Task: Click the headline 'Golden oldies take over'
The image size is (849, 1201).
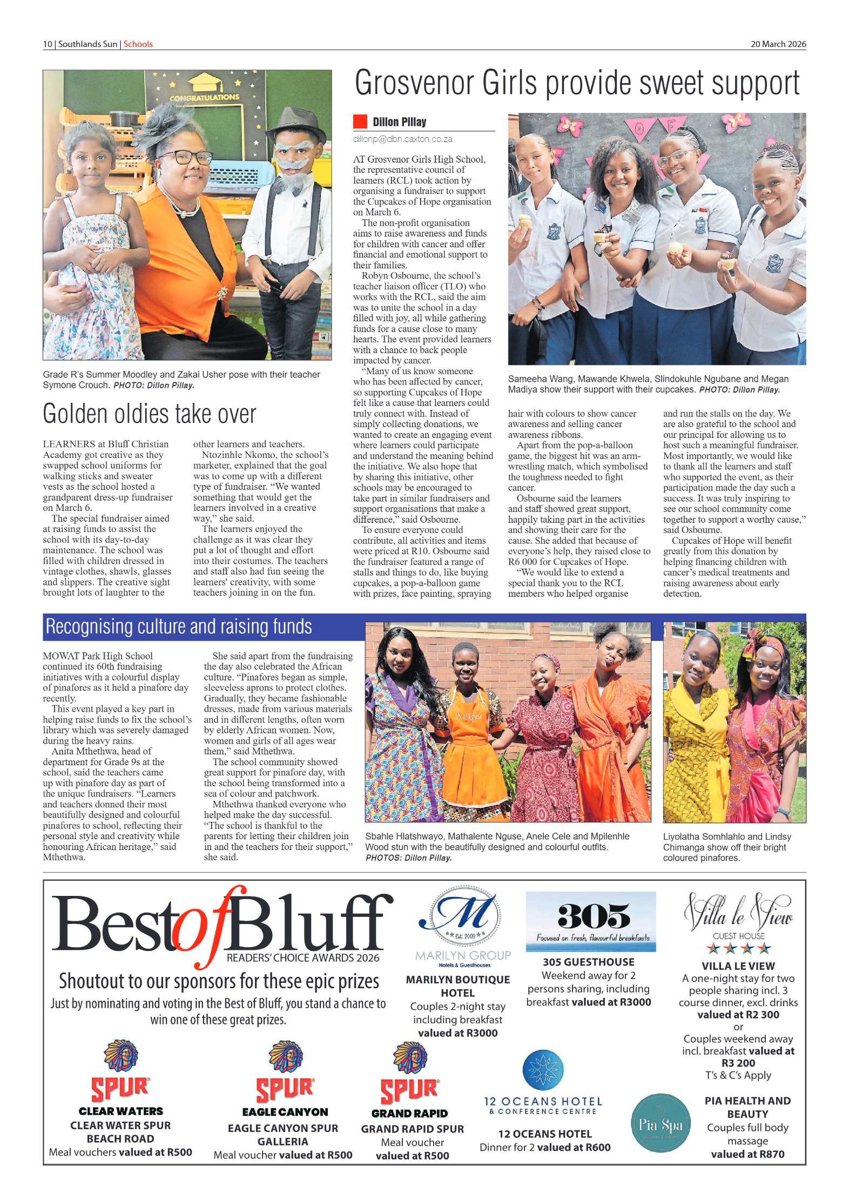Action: coord(149,414)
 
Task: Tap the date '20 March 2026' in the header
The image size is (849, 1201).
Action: coord(778,44)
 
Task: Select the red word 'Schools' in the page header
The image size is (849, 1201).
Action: coord(138,44)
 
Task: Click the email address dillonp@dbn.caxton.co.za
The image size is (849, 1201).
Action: coord(402,139)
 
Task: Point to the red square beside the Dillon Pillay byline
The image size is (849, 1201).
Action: coord(360,122)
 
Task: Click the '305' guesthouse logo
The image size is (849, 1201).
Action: coord(590,921)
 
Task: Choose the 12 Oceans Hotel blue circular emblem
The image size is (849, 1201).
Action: coord(543,1070)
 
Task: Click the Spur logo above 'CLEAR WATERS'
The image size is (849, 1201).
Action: coord(120,1071)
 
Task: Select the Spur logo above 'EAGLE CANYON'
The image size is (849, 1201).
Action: coord(285,1072)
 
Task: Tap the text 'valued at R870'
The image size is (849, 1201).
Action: coord(747,1155)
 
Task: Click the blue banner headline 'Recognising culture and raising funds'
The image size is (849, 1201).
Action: coord(179,627)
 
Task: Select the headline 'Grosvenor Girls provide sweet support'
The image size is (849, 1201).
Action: coord(576,84)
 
